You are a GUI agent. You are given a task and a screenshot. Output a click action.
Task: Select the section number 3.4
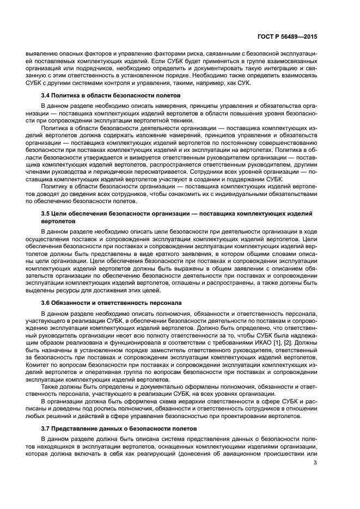[x=47, y=95]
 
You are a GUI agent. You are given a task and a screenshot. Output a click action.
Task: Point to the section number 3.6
[x=47, y=302]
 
